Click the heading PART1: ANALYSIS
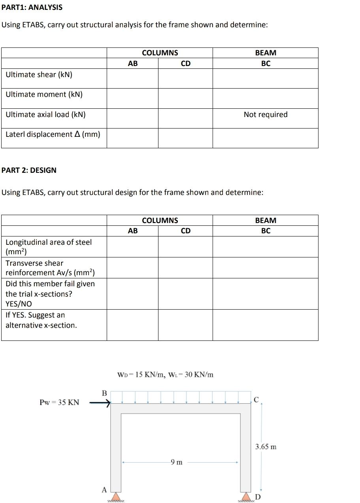click(x=32, y=8)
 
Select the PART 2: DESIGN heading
click(x=29, y=170)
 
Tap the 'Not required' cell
click(x=265, y=115)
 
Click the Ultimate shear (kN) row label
click(x=39, y=75)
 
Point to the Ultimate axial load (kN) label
click(x=45, y=115)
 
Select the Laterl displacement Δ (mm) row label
click(x=53, y=134)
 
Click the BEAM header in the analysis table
click(x=266, y=53)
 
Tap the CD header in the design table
click(x=185, y=231)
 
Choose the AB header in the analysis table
click(x=133, y=63)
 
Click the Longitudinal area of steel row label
click(x=48, y=247)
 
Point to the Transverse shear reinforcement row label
click(x=50, y=268)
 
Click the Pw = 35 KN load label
click(x=59, y=403)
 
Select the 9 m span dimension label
click(x=176, y=462)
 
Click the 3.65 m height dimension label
click(x=266, y=447)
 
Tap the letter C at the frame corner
click(x=256, y=400)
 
